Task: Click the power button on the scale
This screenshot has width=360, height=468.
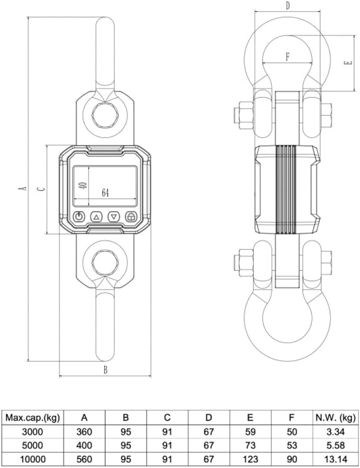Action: [79, 217]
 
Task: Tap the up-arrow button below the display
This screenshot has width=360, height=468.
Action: [96, 217]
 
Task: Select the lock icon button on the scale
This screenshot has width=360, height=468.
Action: [131, 217]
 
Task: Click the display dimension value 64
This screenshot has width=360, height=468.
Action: [105, 193]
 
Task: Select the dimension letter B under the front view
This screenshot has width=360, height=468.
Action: [105, 370]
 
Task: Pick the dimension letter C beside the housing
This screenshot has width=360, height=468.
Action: [41, 189]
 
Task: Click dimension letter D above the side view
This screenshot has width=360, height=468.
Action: [287, 6]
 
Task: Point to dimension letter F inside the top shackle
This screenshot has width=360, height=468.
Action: [287, 57]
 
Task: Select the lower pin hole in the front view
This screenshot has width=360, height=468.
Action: [105, 262]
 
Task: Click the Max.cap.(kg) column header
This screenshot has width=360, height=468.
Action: [33, 418]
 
